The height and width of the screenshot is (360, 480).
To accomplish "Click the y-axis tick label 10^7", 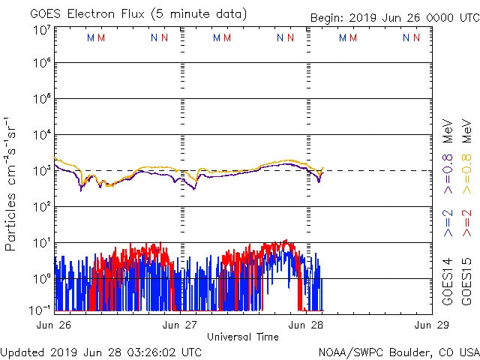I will coord(40,30).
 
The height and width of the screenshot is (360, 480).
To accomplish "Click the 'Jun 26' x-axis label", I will coord(54,325).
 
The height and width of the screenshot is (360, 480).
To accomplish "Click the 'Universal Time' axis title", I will coord(243,337).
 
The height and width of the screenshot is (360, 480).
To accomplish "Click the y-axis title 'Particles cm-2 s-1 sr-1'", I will coord(12,184).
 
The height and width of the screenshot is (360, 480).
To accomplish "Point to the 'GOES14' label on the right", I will coord(448,280).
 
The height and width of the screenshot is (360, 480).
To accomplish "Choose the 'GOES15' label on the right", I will coord(466,280).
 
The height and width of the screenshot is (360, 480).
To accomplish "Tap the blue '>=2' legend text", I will coord(448,222).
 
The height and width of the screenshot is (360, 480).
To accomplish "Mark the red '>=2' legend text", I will coord(466,222).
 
